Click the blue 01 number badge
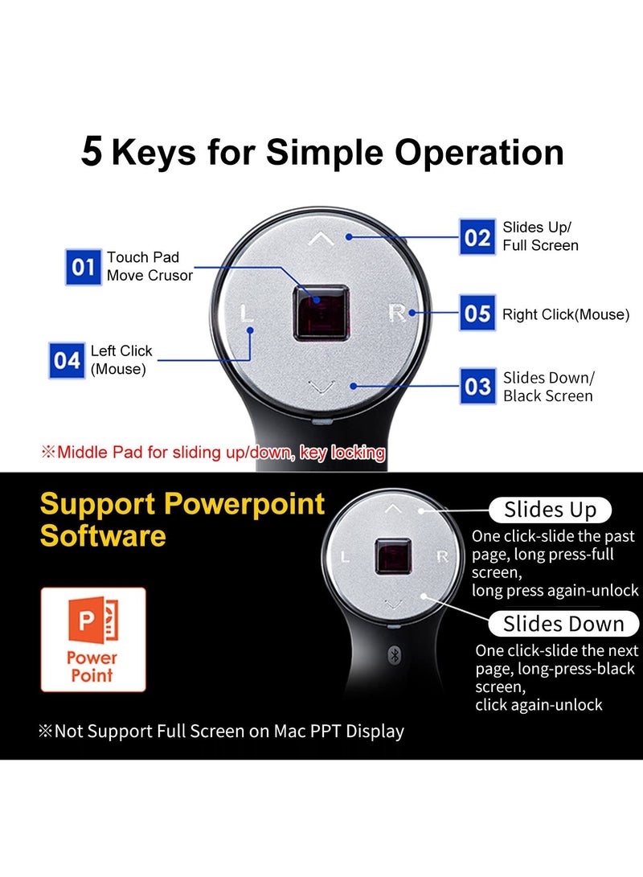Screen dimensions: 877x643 (x=84, y=267)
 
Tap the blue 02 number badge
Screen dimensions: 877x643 (x=478, y=237)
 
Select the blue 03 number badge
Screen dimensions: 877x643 (x=478, y=387)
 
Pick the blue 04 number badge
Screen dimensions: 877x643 (x=68, y=361)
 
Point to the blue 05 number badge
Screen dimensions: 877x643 (x=478, y=313)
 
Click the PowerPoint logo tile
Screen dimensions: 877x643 (x=93, y=640)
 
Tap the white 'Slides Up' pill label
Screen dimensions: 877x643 (x=551, y=510)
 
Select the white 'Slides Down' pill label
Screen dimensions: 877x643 (x=563, y=624)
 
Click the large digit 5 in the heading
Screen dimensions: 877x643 (x=92, y=153)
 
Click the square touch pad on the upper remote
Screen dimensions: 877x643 (x=321, y=311)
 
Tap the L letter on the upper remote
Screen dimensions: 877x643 (x=247, y=313)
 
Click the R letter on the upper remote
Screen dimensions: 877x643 (x=396, y=313)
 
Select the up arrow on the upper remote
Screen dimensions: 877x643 (x=321, y=238)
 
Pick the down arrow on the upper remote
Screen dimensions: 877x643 (x=321, y=389)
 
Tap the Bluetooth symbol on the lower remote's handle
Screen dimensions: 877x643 (x=394, y=654)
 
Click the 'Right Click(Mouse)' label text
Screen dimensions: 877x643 (x=566, y=314)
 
